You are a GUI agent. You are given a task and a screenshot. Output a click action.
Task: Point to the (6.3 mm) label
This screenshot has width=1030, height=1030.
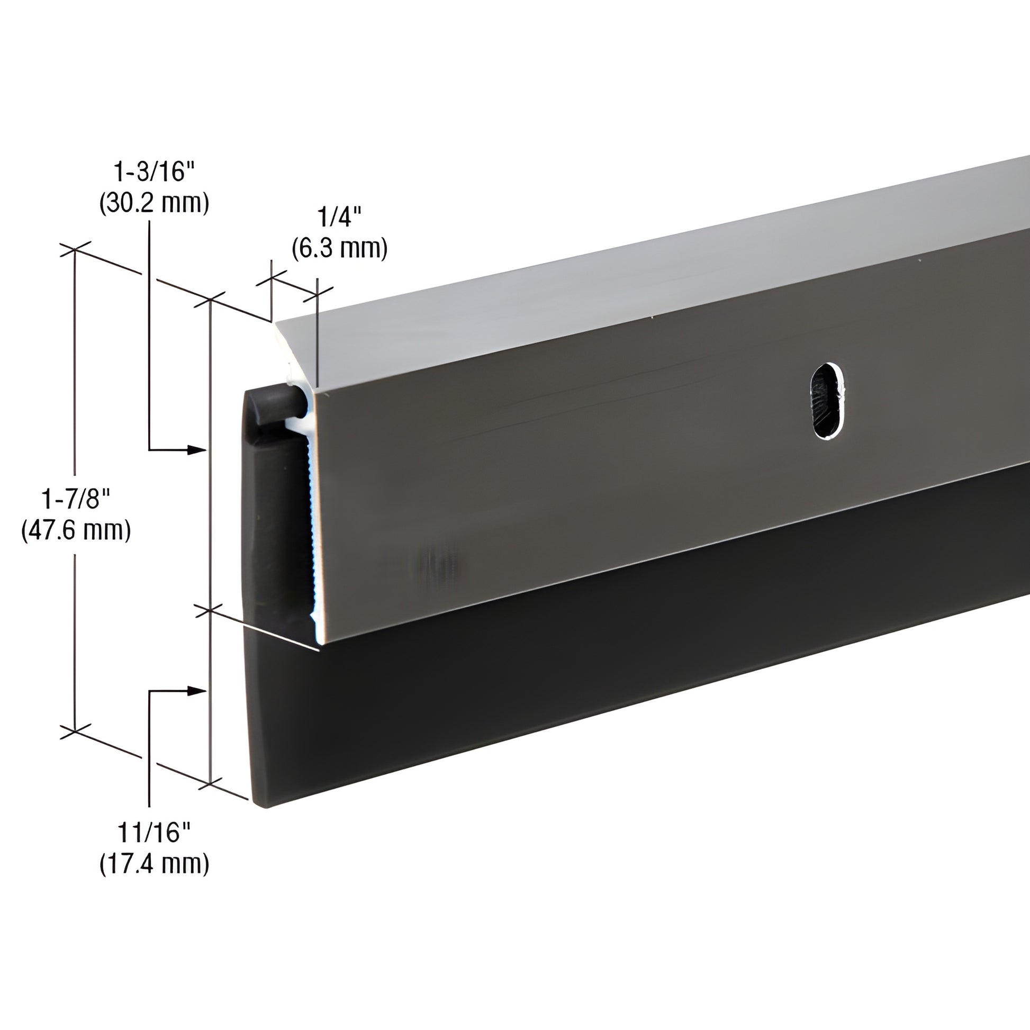tap(340, 248)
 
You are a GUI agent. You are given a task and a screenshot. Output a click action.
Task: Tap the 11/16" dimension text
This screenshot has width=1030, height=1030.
tap(154, 832)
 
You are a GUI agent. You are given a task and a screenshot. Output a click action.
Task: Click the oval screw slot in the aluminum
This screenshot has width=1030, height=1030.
tap(826, 400)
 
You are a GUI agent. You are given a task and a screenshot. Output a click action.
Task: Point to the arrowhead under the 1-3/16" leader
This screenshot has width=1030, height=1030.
tap(198, 450)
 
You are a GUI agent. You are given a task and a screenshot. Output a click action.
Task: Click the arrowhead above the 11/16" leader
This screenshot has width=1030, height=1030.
tap(198, 691)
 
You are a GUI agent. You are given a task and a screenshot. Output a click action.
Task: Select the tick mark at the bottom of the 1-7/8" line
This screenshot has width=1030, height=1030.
tap(75, 731)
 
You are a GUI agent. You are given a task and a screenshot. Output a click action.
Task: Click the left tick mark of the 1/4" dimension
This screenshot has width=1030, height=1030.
tap(272, 278)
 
